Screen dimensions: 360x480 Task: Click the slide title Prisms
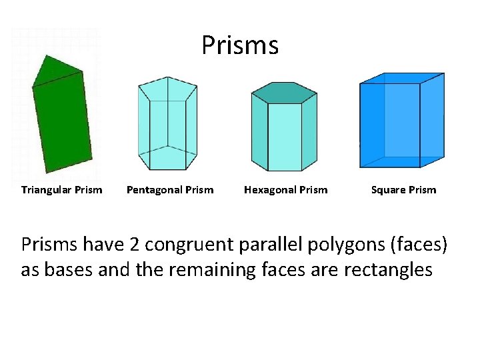[x=240, y=45]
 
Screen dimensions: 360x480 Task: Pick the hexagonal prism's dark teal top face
[x=285, y=93]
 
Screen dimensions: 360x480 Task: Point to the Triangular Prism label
[x=62, y=190]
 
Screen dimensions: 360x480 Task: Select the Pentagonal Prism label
[x=170, y=190]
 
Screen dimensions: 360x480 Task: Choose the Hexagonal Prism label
[x=286, y=190]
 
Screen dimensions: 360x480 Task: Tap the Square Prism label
[x=403, y=190]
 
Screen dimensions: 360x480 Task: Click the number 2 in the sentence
[x=134, y=245]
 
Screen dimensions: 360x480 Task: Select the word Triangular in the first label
[x=46, y=190]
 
